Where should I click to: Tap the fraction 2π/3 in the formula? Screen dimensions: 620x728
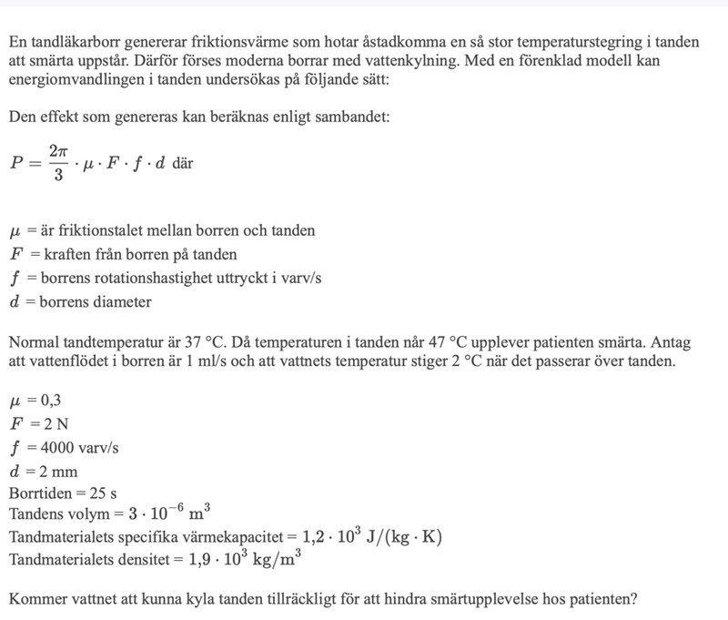pos(57,163)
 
